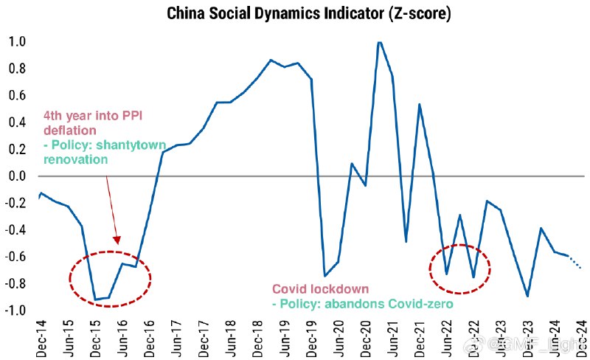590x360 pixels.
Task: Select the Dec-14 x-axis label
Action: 42,336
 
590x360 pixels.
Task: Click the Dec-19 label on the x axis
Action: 311,336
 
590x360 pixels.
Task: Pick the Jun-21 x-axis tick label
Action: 392,336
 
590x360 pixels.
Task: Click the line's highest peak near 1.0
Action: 380,42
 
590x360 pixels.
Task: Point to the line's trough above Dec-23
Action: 527,296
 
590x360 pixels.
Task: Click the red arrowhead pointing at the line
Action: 117,239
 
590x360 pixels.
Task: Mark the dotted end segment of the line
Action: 575,262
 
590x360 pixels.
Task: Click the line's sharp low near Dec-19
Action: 324,276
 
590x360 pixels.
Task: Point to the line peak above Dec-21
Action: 420,104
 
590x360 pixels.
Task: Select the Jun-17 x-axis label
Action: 176,336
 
